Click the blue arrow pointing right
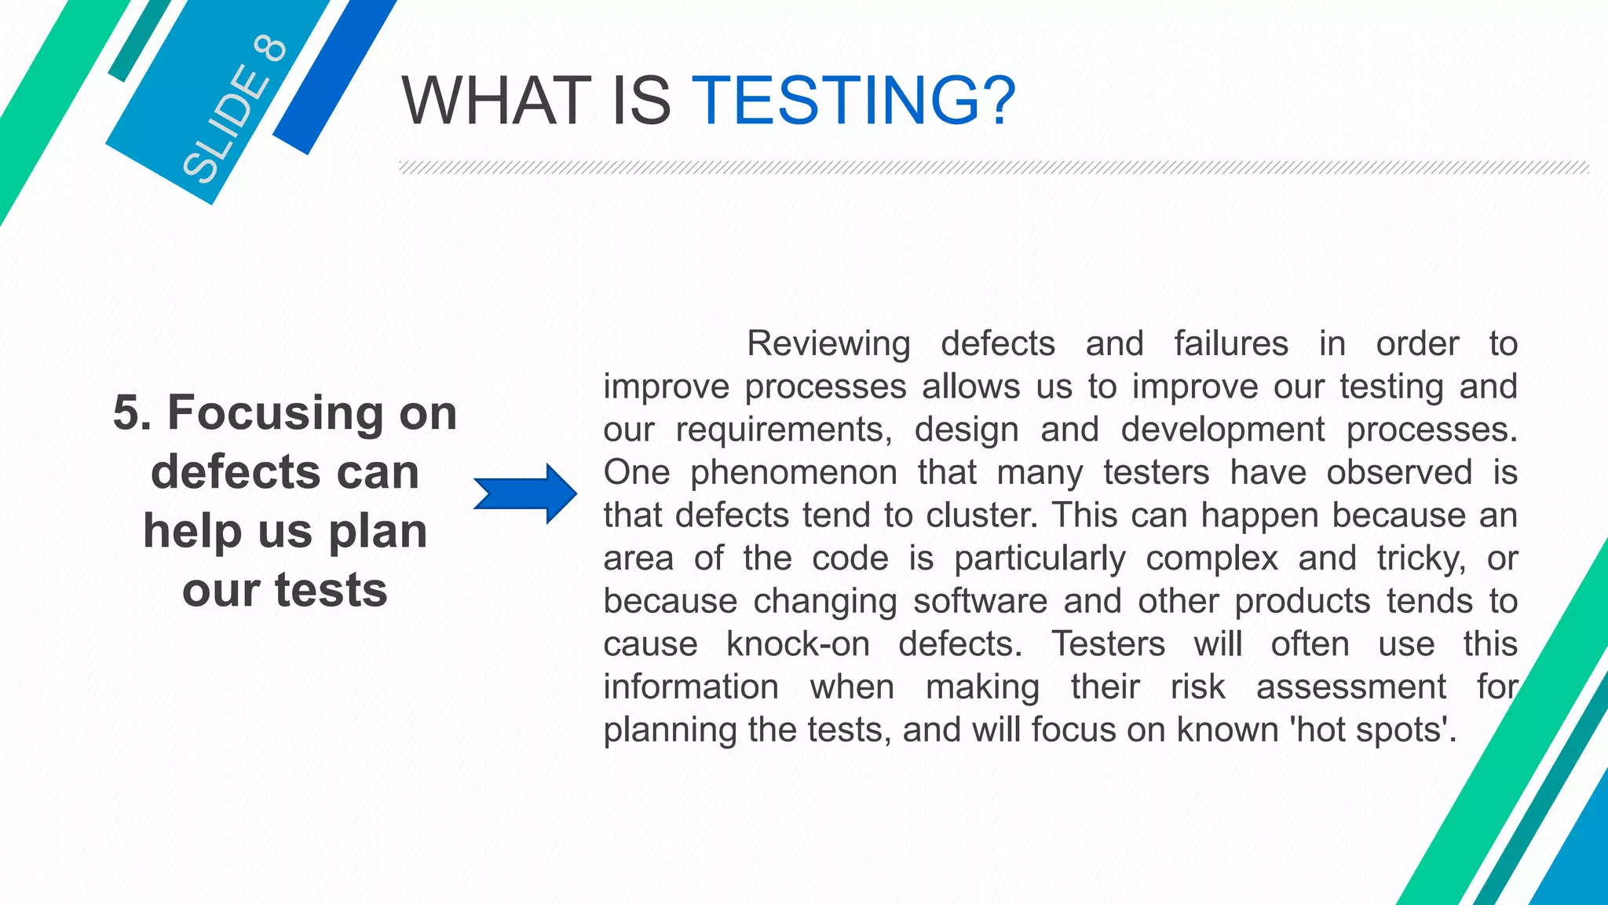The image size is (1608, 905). pos(525,494)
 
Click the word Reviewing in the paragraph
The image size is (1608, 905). pos(828,344)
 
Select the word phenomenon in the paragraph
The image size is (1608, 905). pos(794,473)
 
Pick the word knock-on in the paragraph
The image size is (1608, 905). pos(798,644)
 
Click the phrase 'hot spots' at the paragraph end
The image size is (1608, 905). pos(1372,730)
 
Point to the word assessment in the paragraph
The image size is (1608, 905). pos(1350,687)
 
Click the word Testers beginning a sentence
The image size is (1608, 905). pos(1108,644)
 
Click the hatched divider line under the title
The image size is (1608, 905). pos(993,167)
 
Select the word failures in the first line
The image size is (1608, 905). pos(1231,344)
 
